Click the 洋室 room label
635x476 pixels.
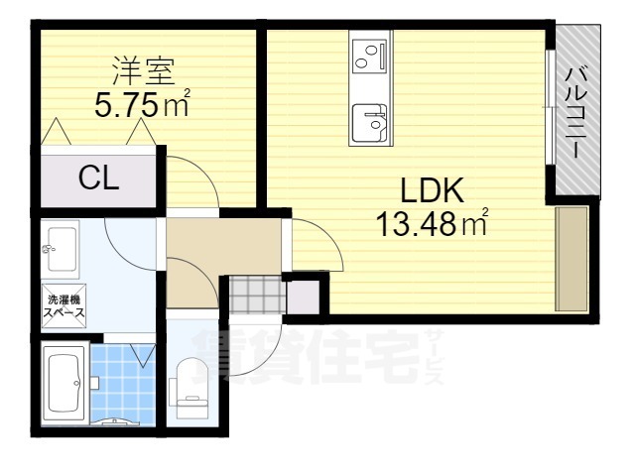[143, 71]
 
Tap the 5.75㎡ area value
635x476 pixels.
[142, 103]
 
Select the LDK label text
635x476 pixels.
[433, 189]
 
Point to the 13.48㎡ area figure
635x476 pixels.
[432, 222]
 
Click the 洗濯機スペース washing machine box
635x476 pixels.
[63, 306]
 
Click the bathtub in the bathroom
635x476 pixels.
[65, 384]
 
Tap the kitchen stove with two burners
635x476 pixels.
[370, 56]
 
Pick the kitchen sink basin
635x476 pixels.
[370, 122]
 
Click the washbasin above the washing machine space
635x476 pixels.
[61, 249]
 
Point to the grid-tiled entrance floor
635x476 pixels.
[258, 296]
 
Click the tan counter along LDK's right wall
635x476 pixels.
[571, 259]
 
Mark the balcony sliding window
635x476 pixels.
[550, 107]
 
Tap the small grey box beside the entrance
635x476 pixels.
[304, 297]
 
